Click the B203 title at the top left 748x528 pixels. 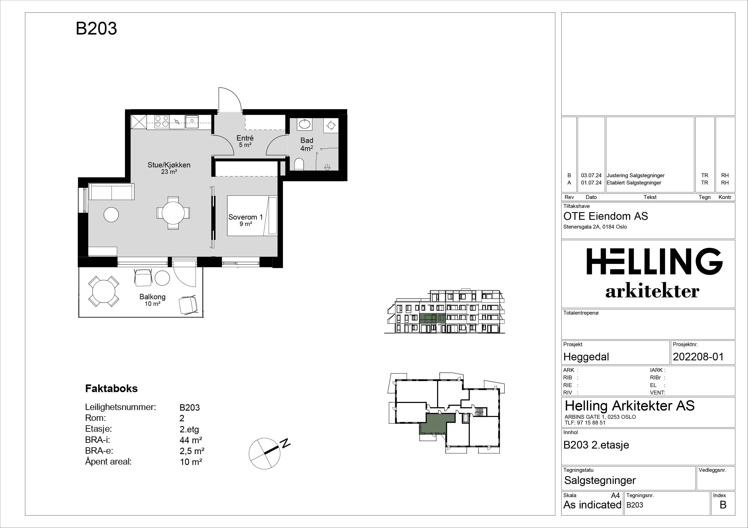click(96, 29)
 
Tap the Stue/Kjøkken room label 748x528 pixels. click(169, 165)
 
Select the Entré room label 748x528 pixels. click(245, 138)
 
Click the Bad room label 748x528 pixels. click(307, 141)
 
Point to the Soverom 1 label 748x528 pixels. click(245, 217)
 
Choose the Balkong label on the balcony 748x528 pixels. click(152, 297)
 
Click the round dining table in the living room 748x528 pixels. click(173, 213)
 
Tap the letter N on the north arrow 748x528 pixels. click(286, 443)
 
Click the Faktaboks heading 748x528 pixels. click(112, 388)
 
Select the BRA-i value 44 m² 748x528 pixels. click(191, 440)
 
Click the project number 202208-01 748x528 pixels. click(698, 357)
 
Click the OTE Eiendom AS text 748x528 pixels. click(606, 216)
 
